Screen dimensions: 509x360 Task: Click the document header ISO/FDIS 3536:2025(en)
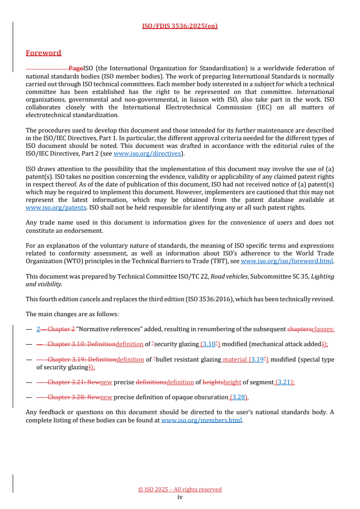click(x=180, y=26)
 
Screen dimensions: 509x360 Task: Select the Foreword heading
click(x=44, y=53)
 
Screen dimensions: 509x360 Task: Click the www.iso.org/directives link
click(x=147, y=154)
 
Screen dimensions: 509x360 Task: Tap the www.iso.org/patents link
click(x=56, y=207)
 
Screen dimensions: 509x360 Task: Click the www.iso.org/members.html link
click(x=202, y=420)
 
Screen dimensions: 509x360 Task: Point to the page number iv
click(x=180, y=497)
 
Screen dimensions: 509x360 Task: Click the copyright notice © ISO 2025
click(x=180, y=489)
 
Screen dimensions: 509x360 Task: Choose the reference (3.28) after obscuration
click(x=239, y=397)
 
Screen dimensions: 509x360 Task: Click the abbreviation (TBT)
click(x=220, y=261)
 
